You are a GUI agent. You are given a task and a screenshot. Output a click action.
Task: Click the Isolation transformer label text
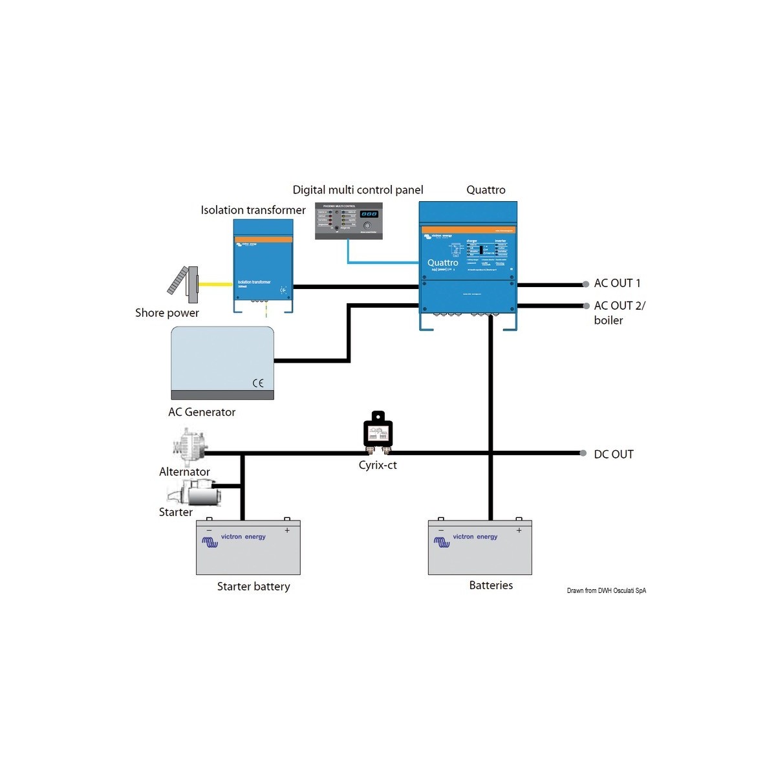pos(253,210)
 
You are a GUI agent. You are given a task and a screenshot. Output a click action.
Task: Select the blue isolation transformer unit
pos(263,266)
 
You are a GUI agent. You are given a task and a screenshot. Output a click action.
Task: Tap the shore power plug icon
pos(184,284)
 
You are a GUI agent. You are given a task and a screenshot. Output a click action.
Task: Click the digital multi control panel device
pos(349,221)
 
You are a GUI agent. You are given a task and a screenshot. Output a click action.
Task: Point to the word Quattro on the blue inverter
pos(443,263)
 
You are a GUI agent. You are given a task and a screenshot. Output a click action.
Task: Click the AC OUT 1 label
pos(617,283)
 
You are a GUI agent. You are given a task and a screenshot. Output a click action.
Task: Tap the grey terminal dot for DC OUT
pos(583,453)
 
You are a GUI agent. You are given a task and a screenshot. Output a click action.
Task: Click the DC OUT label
pos(614,455)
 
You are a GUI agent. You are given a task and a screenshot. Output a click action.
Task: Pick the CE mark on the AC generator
pos(258,383)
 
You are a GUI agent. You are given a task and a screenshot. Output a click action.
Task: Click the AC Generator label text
pos(202,412)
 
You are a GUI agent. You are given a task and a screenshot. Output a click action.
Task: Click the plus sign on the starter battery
pos(287,530)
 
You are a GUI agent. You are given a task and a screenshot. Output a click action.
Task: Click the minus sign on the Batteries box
pos(441,530)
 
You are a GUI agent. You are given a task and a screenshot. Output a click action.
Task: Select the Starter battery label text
pos(253,587)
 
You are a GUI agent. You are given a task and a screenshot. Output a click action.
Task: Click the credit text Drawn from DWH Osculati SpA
pos(606,590)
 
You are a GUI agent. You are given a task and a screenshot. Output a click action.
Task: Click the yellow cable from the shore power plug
pos(215,284)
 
